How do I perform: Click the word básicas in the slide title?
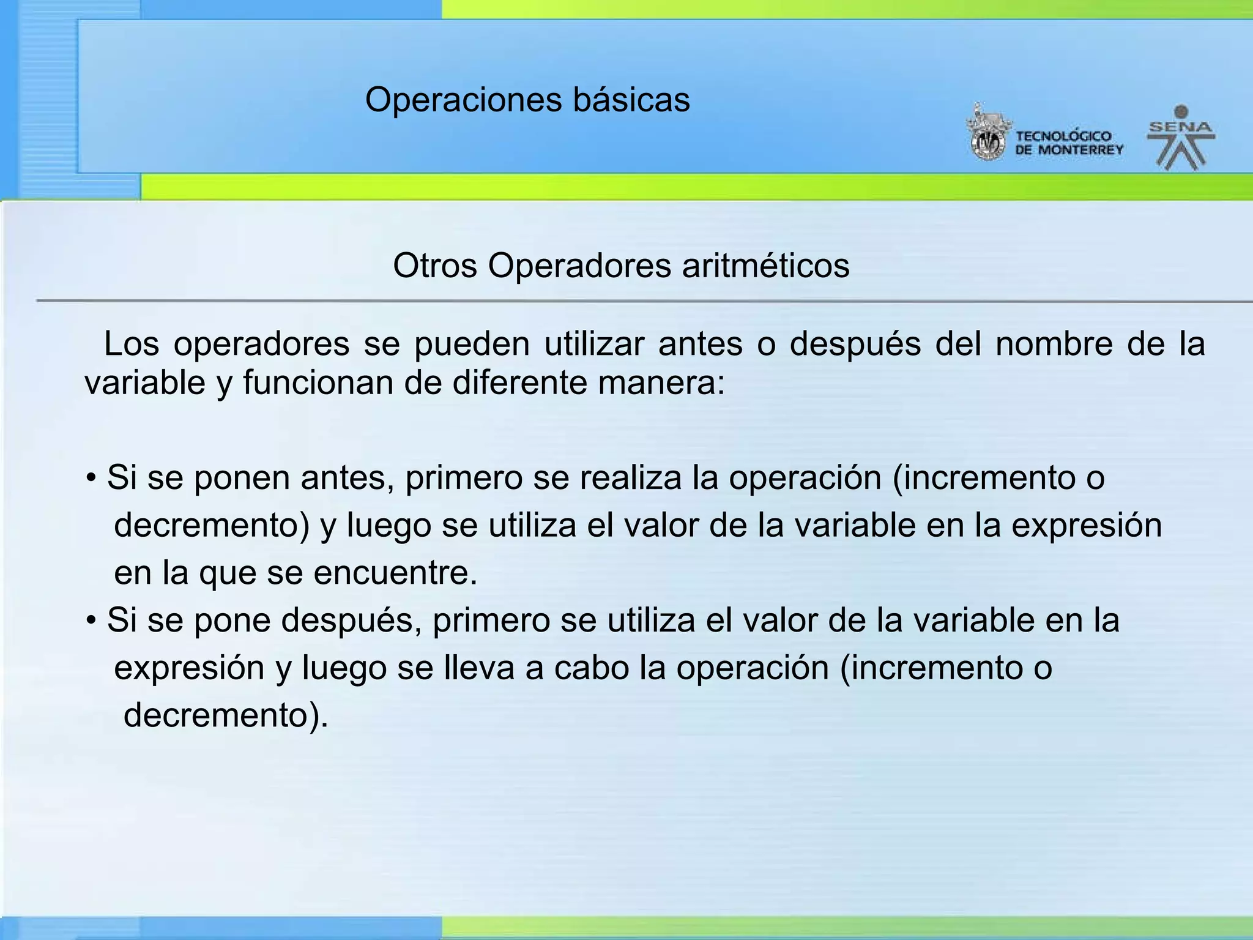(631, 100)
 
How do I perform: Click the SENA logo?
(1180, 138)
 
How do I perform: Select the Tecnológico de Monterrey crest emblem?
(987, 133)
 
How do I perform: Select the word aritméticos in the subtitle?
(765, 266)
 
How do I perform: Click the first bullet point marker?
(91, 479)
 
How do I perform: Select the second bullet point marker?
(91, 621)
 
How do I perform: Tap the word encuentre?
(395, 573)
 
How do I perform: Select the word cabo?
(591, 668)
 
